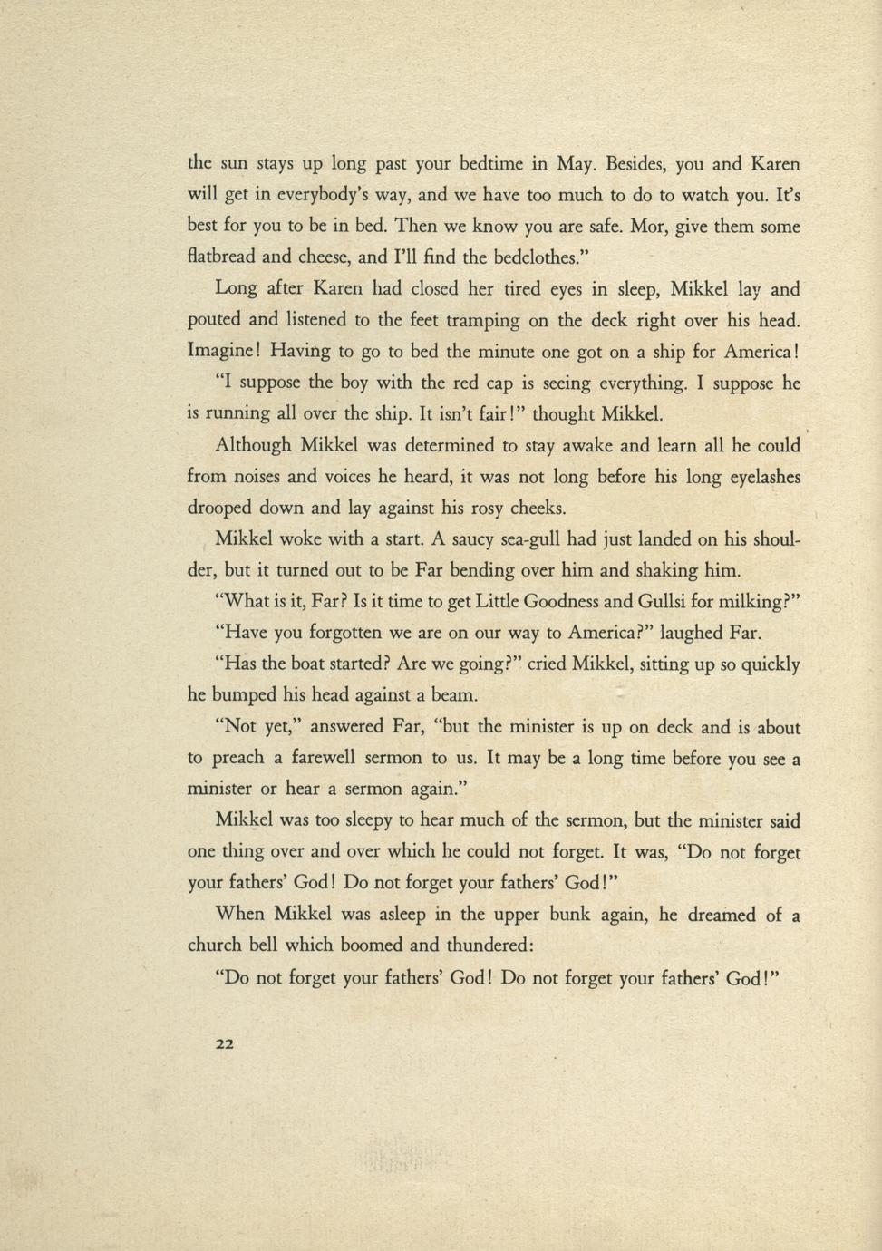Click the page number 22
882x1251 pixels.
coord(225,1043)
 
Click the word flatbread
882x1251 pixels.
coord(221,257)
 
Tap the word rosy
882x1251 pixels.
coord(470,508)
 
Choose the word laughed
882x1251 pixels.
coord(687,633)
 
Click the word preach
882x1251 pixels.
coord(237,758)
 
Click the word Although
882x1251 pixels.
coord(253,445)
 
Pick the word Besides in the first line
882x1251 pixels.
coord(638,164)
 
